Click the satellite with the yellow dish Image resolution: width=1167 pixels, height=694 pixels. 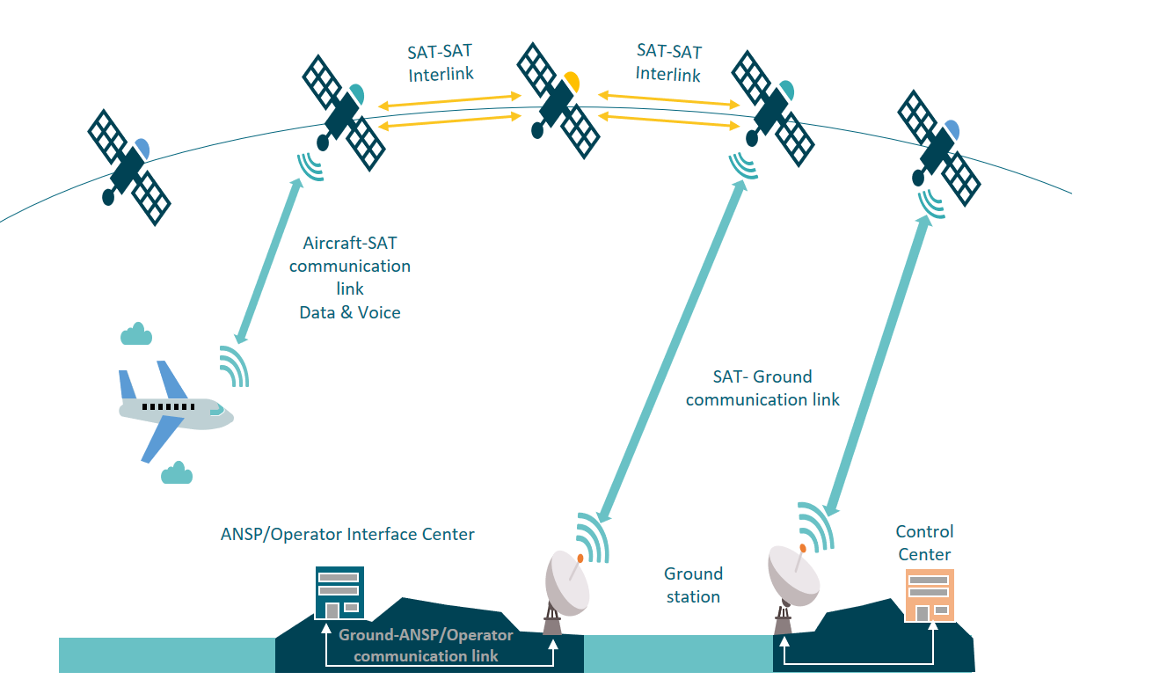(x=558, y=100)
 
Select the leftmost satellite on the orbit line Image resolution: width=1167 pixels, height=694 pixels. (x=128, y=167)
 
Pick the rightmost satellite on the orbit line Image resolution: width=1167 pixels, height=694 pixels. (x=938, y=149)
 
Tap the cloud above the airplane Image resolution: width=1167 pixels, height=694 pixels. (x=136, y=335)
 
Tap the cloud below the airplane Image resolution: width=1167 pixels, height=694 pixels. (x=177, y=474)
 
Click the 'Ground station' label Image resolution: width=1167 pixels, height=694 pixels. (x=693, y=585)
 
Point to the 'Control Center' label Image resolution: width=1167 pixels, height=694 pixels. (x=924, y=543)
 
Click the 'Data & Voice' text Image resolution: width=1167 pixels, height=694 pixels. (x=350, y=312)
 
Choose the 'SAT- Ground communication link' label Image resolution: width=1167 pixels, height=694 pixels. (x=762, y=388)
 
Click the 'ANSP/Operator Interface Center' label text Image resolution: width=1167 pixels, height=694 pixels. (x=347, y=534)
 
